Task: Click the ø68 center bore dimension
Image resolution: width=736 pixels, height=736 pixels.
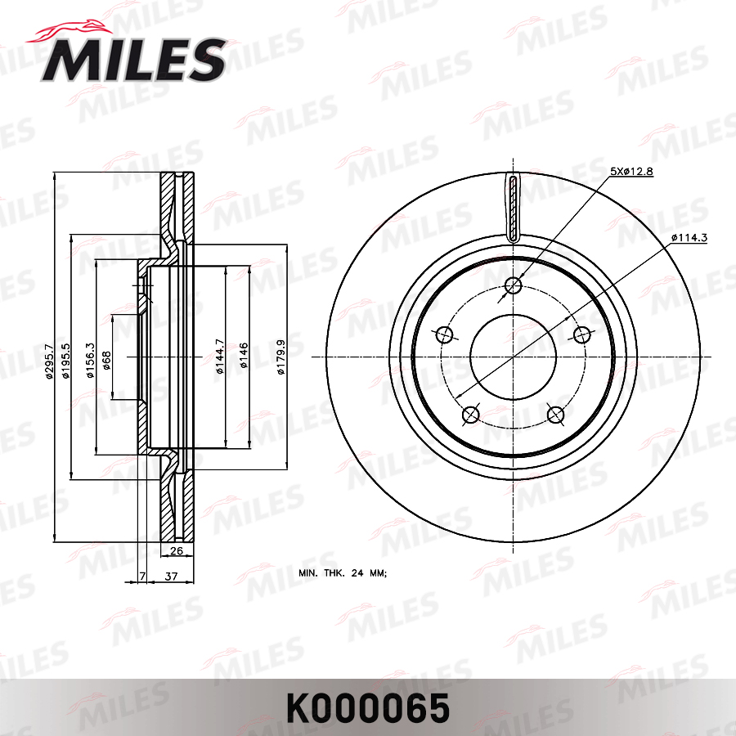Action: coord(106,357)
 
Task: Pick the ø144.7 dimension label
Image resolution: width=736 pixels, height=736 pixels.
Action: coord(219,357)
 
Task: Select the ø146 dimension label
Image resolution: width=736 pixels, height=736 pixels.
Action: coord(243,357)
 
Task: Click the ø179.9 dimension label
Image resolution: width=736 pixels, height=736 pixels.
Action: coord(280,357)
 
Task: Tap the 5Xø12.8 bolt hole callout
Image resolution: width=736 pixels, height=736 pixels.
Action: coord(631,171)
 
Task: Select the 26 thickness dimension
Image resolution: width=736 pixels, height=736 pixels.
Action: coord(176,550)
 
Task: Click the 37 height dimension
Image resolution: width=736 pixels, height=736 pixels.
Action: coord(172,577)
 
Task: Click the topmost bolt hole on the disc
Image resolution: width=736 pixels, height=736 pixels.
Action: coord(513,285)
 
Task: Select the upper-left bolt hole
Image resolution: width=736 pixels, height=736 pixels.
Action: coord(445,334)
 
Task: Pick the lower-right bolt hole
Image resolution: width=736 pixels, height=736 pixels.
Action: coord(555,415)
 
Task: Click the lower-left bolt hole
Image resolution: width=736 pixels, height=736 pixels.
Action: coord(470,415)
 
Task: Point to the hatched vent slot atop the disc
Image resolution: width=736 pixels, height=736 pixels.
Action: coord(513,209)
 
